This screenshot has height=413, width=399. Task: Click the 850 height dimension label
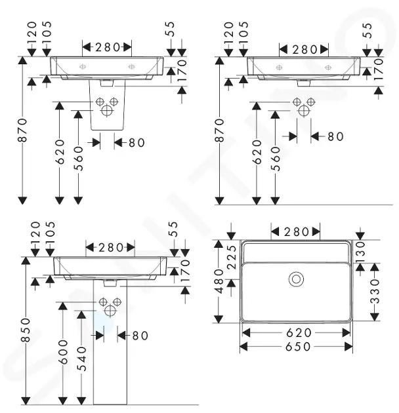pyautogui.click(x=26, y=330)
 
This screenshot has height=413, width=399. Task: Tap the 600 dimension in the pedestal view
pyautogui.click(x=63, y=351)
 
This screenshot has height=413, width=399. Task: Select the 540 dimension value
pyautogui.click(x=82, y=359)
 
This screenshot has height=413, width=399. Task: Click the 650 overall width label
pyautogui.click(x=298, y=347)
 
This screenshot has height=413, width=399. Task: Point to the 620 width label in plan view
pyautogui.click(x=299, y=332)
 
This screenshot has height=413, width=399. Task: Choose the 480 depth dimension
pyautogui.click(x=219, y=281)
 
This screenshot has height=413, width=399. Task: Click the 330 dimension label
pyautogui.click(x=375, y=291)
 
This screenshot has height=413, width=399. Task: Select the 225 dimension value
pyautogui.click(x=232, y=257)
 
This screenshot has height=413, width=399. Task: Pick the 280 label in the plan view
pyautogui.click(x=296, y=232)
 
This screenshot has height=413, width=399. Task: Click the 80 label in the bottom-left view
pyautogui.click(x=140, y=335)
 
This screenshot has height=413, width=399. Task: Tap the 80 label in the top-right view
pyautogui.click(x=335, y=136)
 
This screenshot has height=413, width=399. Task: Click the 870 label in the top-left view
pyautogui.click(x=23, y=130)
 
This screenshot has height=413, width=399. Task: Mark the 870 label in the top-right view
pyautogui.click(x=220, y=130)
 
